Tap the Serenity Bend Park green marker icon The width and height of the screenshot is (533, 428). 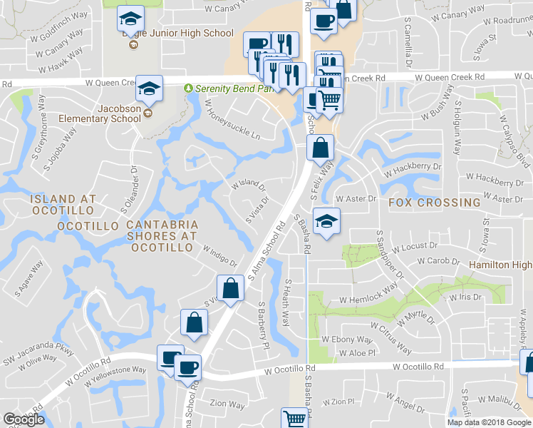[188, 88]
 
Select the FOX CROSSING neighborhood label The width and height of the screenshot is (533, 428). [435, 203]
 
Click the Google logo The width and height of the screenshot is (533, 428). [24, 419]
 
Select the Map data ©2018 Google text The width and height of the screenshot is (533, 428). [489, 422]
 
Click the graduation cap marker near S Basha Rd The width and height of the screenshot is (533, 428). [326, 221]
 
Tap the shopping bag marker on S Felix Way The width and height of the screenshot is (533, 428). [321, 148]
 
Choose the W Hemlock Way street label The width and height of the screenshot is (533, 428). [368, 295]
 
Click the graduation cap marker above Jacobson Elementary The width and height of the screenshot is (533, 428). [150, 88]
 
